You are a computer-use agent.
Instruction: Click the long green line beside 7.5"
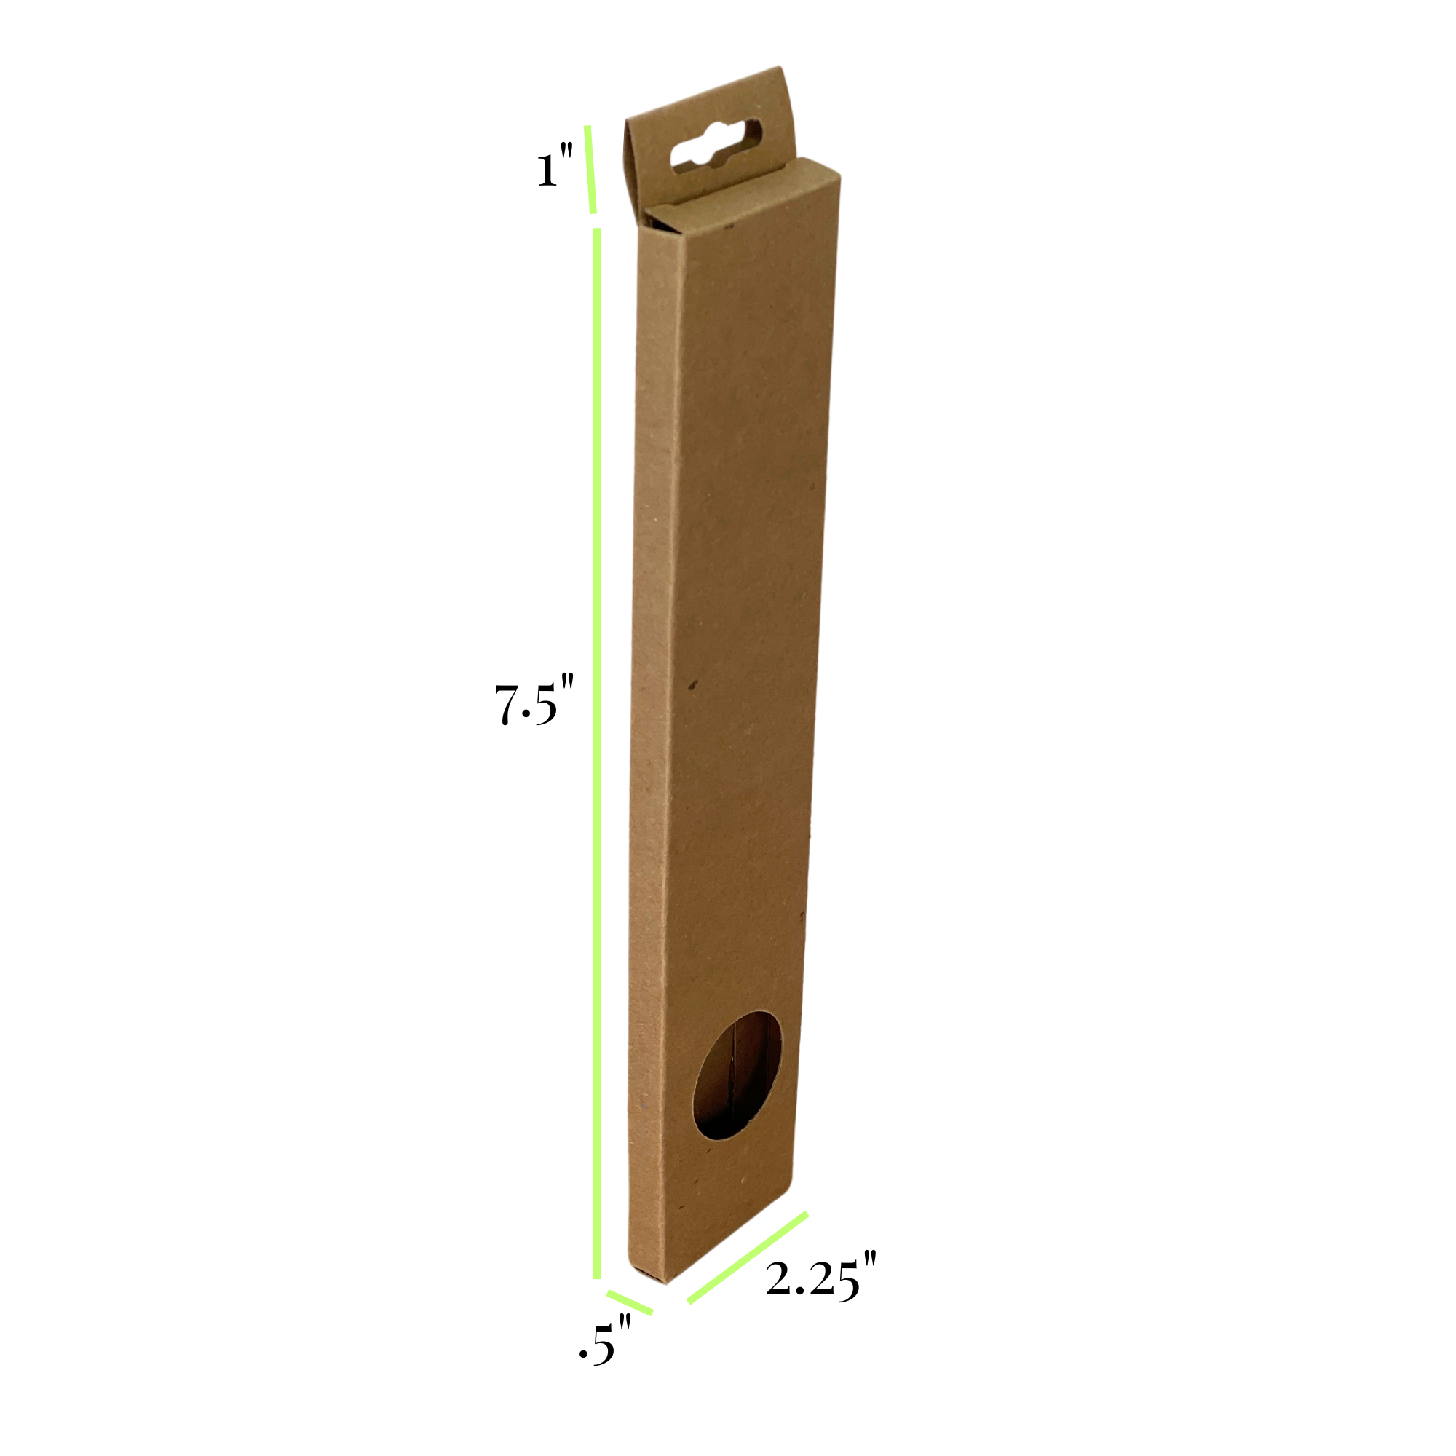[x=597, y=753]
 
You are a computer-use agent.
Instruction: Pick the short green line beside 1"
[x=590, y=170]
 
